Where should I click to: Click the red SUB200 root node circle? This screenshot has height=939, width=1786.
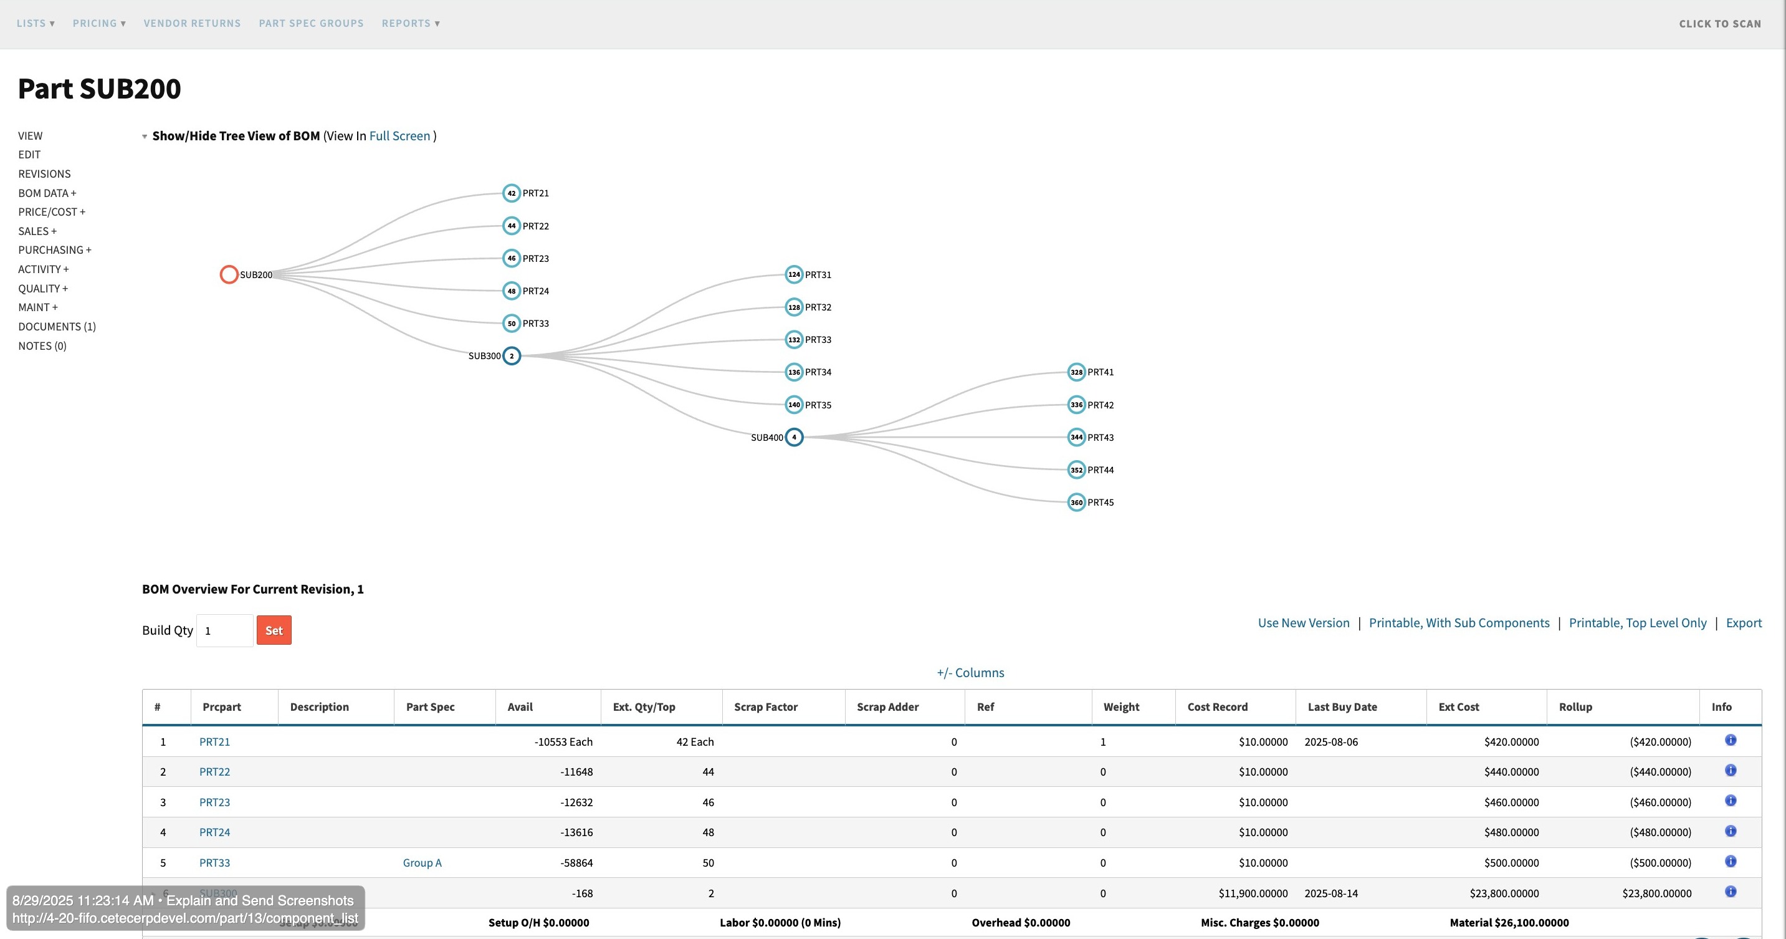click(x=229, y=274)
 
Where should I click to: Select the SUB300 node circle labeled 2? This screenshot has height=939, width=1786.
click(x=512, y=356)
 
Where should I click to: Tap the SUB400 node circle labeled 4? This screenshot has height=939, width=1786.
click(x=794, y=437)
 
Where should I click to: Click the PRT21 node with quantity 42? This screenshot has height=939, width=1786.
click(x=512, y=193)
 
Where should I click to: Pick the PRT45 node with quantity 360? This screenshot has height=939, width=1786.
click(x=1076, y=502)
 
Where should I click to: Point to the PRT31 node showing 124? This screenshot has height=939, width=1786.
click(x=794, y=274)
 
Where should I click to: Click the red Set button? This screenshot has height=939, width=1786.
click(x=274, y=630)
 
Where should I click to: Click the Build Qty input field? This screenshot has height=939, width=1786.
click(x=224, y=630)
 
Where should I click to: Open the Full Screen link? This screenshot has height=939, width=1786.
click(x=399, y=136)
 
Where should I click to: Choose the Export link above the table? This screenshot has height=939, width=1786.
click(x=1743, y=623)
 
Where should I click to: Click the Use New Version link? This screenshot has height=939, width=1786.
click(x=1304, y=623)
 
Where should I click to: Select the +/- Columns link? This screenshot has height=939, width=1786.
click(x=970, y=673)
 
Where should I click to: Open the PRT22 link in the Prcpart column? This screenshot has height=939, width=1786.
click(x=214, y=772)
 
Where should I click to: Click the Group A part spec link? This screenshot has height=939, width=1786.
click(x=421, y=863)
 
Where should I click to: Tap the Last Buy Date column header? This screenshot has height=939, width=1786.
click(x=1342, y=706)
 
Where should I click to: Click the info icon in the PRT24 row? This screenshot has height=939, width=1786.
click(x=1731, y=831)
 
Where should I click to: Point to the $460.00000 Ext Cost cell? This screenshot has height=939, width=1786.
click(x=1511, y=802)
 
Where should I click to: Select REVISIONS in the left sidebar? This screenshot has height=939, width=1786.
click(x=44, y=174)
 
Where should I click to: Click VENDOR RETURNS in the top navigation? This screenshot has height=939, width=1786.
click(x=192, y=24)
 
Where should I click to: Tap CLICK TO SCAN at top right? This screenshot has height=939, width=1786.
click(x=1719, y=24)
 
